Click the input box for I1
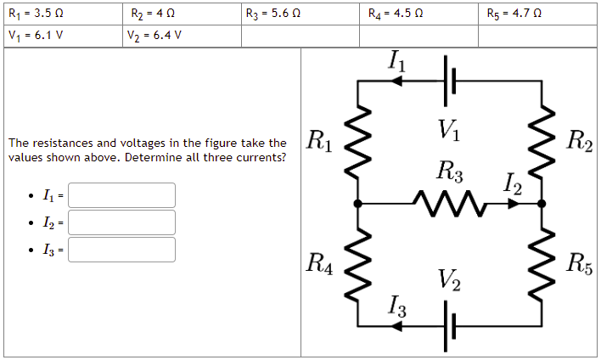(x=122, y=195)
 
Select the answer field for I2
(x=122, y=222)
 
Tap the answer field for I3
(x=122, y=250)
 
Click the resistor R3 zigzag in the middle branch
(x=449, y=204)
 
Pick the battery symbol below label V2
(x=450, y=325)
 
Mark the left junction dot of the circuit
(x=357, y=204)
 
